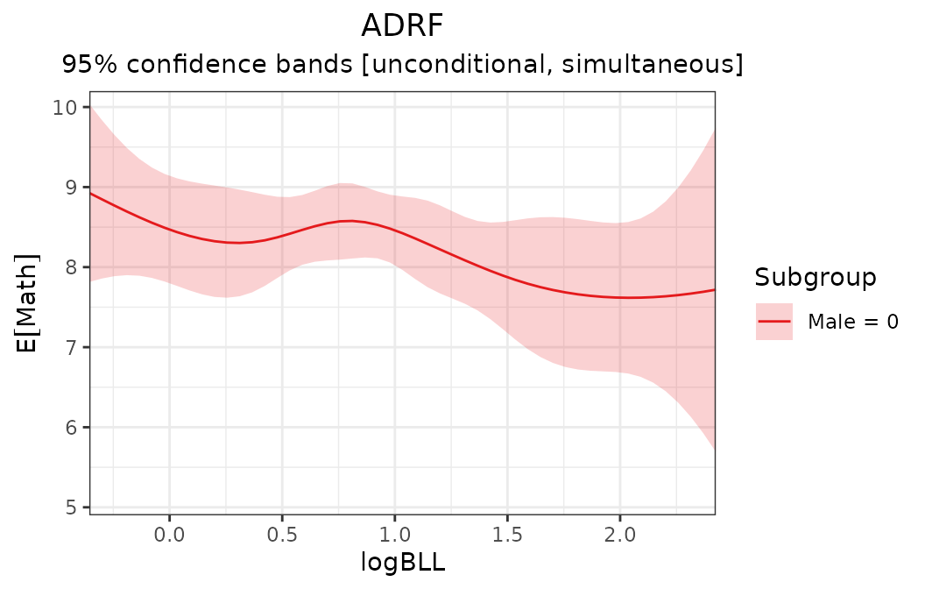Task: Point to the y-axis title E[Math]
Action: click(28, 303)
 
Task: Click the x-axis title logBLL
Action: click(402, 563)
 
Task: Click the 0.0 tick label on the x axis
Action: click(169, 533)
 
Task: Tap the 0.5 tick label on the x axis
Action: click(282, 533)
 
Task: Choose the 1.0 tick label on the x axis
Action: click(394, 533)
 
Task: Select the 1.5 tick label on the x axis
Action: click(507, 533)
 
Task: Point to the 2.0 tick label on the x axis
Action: click(620, 533)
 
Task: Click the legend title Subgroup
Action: click(815, 278)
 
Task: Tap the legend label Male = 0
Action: click(852, 322)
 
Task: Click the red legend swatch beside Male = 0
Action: click(774, 322)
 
